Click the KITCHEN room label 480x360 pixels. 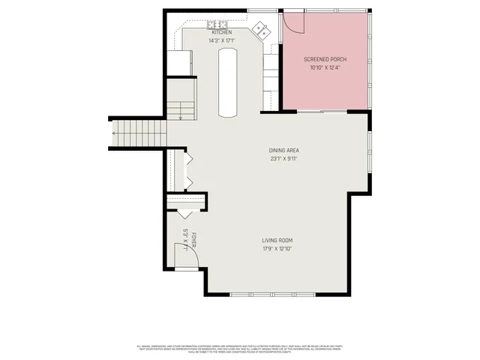coord(222,33)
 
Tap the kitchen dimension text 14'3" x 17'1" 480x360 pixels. coord(222,40)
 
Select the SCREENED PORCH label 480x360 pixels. coord(325,59)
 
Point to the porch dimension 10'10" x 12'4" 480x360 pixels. coord(325,67)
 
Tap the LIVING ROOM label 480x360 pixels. coord(277,240)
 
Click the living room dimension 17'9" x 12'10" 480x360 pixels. coord(277,248)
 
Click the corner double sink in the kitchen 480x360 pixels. coord(262,29)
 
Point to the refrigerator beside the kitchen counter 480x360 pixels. coord(179,62)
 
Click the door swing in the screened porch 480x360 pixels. coord(292,25)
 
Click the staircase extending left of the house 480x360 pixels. coord(139,133)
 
